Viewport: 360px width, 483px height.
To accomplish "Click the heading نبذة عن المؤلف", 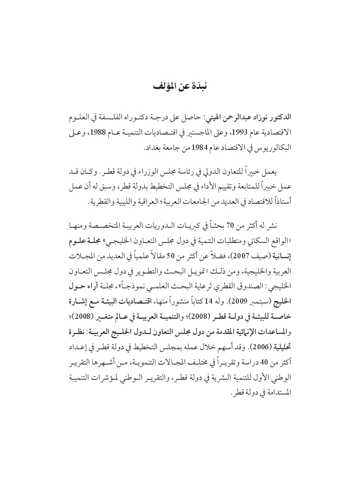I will tap(180, 86).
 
